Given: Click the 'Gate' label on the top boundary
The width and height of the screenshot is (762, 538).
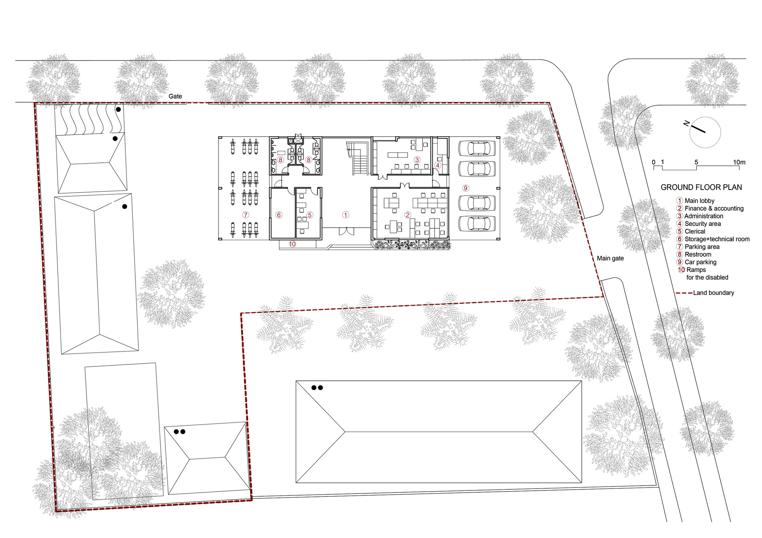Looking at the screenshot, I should [x=175, y=96].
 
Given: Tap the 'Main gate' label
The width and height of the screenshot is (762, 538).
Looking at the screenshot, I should [x=610, y=258].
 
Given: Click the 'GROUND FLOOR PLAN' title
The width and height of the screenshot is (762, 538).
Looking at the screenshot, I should [x=701, y=187].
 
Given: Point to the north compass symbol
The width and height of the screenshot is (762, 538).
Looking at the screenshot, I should [x=705, y=132].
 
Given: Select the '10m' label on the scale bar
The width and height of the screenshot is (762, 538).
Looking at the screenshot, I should [x=739, y=162].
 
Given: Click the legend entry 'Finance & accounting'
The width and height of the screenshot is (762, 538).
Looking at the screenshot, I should [x=714, y=209].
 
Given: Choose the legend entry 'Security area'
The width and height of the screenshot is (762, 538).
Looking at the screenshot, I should [x=702, y=224].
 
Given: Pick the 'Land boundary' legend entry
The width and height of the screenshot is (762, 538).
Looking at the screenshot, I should [x=713, y=293].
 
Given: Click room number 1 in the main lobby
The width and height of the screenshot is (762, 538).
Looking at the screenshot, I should [x=346, y=215].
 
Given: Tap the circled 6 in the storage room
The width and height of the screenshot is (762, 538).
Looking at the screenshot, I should [x=279, y=215].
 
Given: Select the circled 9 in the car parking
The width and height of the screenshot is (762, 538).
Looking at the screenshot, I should [x=466, y=188].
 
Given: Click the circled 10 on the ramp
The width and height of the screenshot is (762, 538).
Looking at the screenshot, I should [x=292, y=244].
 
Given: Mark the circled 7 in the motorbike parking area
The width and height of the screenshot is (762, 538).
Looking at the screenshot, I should [x=246, y=215].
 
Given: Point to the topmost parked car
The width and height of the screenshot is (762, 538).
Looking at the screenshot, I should [x=477, y=148].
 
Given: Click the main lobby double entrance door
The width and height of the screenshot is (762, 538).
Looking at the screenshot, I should [x=346, y=231].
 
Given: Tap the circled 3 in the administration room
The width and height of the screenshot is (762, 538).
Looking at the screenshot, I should [x=417, y=160].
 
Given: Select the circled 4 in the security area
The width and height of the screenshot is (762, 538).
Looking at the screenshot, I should [x=438, y=165].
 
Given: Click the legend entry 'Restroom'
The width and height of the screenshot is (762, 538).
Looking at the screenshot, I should [x=698, y=255].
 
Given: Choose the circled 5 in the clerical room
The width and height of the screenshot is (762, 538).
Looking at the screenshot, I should [x=310, y=215].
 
